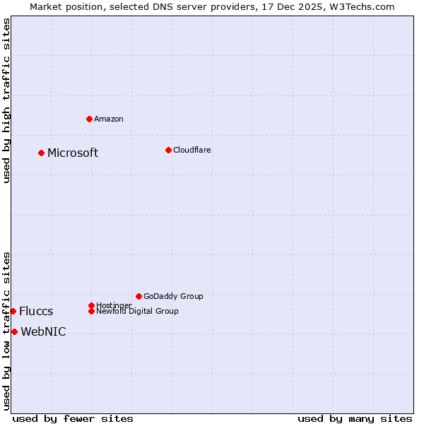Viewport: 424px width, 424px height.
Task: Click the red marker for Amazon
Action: tap(89, 119)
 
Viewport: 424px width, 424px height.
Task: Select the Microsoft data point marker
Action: tap(41, 153)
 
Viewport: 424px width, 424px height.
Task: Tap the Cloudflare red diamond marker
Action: tap(168, 150)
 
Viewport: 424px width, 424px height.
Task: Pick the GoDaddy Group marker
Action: tap(139, 296)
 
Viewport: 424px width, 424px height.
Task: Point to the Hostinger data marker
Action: tap(91, 305)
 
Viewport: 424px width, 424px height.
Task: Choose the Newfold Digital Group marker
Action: tap(91, 311)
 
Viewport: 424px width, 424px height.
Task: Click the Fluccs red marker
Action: tap(13, 311)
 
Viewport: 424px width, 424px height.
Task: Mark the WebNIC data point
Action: tap(14, 331)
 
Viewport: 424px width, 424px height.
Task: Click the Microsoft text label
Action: tap(73, 153)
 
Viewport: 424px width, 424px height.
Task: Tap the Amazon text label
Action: tap(109, 119)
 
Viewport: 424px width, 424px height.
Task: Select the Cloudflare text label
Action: tap(192, 150)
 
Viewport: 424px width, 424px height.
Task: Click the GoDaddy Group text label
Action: tap(173, 296)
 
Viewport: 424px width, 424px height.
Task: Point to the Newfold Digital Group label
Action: tap(137, 311)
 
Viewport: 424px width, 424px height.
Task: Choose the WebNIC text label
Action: tap(43, 332)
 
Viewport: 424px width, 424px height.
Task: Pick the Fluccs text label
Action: tap(36, 312)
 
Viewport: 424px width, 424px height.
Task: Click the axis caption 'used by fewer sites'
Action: tap(73, 418)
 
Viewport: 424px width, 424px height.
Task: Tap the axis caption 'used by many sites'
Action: tap(355, 418)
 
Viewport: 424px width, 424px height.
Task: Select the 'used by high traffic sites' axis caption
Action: tap(7, 100)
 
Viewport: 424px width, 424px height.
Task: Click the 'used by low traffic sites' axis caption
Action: tap(7, 331)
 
